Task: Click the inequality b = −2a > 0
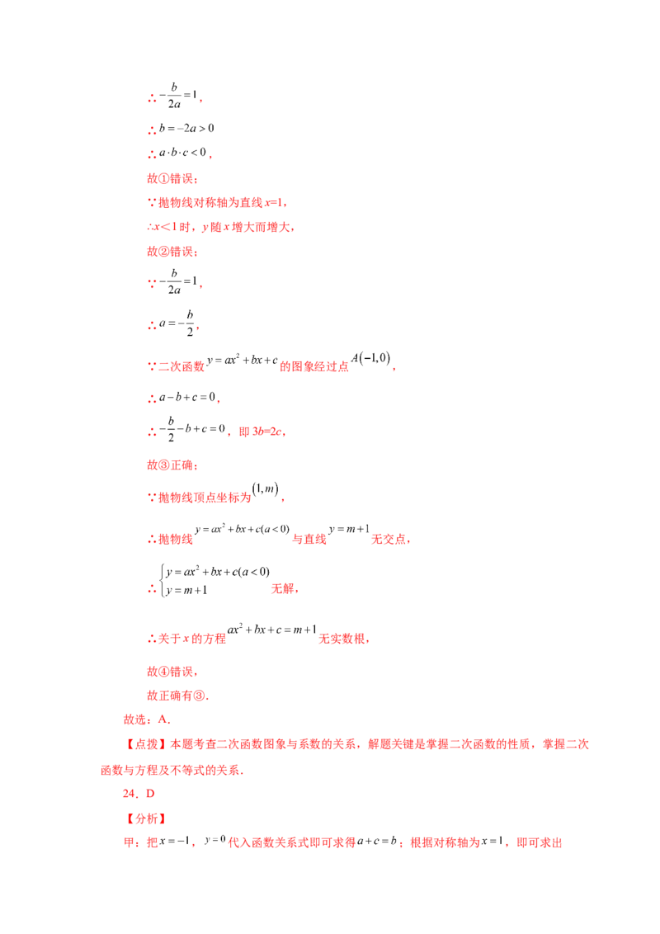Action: [186, 128]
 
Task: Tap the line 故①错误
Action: [172, 178]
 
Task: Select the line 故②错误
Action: [172, 252]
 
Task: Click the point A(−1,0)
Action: [370, 358]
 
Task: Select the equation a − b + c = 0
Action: [187, 398]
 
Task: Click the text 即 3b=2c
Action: [261, 432]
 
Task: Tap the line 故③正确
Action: [172, 465]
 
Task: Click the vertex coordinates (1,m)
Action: [265, 489]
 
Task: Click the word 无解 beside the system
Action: [283, 588]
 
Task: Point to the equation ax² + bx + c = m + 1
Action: [271, 630]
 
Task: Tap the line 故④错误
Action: [172, 672]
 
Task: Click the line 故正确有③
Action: [177, 696]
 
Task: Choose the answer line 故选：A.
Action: [147, 719]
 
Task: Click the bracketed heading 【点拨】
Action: [146, 744]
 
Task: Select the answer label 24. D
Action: [139, 794]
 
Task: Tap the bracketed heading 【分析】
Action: [146, 818]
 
